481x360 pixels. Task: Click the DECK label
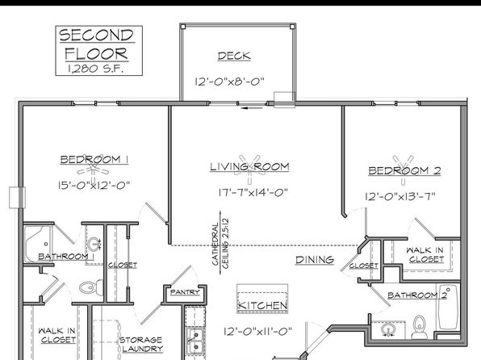pyautogui.click(x=234, y=56)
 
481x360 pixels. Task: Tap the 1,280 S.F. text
pyautogui.click(x=96, y=69)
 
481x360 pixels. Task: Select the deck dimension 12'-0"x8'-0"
pyautogui.click(x=229, y=82)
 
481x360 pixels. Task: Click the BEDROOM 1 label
pyautogui.click(x=94, y=160)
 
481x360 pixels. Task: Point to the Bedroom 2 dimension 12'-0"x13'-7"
pyautogui.click(x=400, y=196)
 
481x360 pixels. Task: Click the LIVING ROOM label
pyautogui.click(x=249, y=166)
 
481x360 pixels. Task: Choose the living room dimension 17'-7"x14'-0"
pyautogui.click(x=253, y=192)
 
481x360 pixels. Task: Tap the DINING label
pyautogui.click(x=315, y=260)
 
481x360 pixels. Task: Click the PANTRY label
pyautogui.click(x=185, y=292)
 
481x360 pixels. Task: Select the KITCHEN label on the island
pyautogui.click(x=262, y=305)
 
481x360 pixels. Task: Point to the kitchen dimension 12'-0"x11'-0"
pyautogui.click(x=257, y=332)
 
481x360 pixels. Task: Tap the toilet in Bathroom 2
pyautogui.click(x=420, y=328)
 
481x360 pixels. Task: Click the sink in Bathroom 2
pyautogui.click(x=387, y=330)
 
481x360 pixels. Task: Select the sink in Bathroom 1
pyautogui.click(x=94, y=245)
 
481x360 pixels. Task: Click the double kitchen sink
pyautogui.click(x=195, y=341)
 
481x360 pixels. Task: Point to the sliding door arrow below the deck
pyautogui.click(x=252, y=107)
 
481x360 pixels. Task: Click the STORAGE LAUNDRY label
pyautogui.click(x=141, y=345)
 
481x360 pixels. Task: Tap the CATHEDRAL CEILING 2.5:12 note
pyautogui.click(x=220, y=243)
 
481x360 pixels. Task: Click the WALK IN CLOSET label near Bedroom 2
pyautogui.click(x=425, y=255)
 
